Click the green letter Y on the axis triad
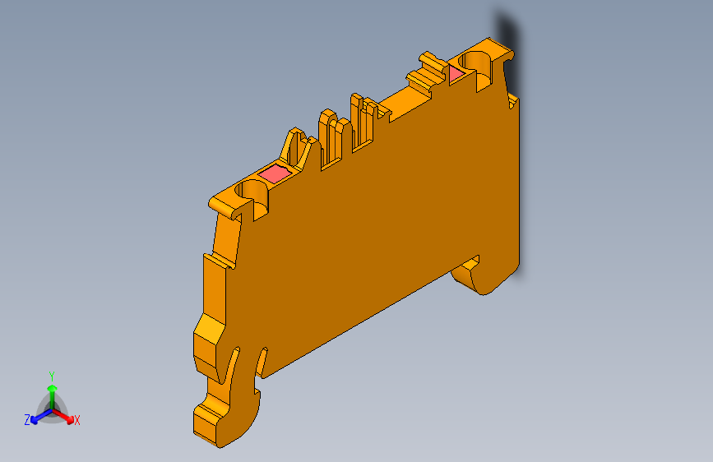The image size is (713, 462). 51,374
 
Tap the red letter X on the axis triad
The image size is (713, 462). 77,421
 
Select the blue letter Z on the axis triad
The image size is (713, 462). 27,420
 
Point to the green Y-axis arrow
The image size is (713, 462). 51,390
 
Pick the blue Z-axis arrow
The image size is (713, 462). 38,415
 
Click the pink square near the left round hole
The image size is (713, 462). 275,173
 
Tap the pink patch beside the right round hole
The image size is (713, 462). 456,75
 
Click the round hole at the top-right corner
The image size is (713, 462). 476,62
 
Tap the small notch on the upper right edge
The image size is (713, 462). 513,101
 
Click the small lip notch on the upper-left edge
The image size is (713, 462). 215,261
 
